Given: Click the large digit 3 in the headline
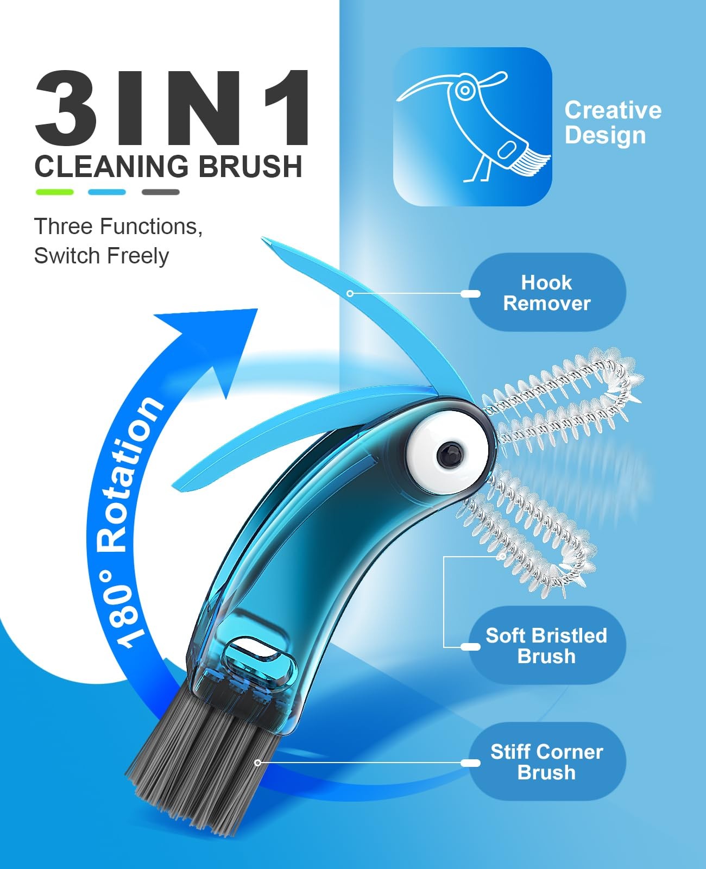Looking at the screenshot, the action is pos(66,108).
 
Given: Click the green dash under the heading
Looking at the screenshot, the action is pos(55,192).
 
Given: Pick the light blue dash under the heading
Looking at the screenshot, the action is pos(107,192).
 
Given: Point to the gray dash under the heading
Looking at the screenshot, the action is pos(161,192).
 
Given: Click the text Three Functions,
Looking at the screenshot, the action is pos(118,226).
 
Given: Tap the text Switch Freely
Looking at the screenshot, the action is pos(102,256).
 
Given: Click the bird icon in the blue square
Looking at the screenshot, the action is pos(473,127).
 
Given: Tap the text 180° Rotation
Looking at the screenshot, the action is pos(127,522).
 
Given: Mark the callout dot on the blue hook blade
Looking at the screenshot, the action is pos(350,293).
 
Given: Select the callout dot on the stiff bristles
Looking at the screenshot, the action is pos(257,763).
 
